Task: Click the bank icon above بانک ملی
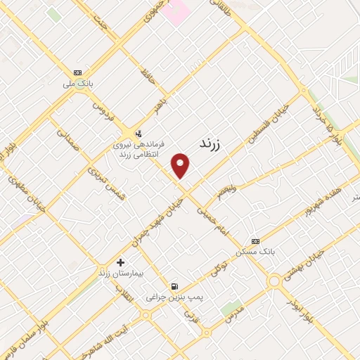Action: point(77,72)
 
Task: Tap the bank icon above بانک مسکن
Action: point(255,239)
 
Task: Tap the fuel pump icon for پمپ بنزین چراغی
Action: point(174,285)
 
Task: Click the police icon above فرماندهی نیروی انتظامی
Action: point(137,133)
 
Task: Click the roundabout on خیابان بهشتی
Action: point(272,280)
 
